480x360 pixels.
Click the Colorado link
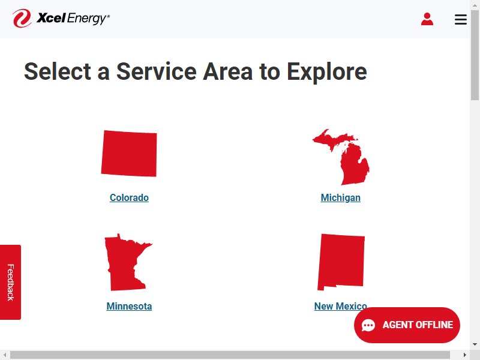coord(129,198)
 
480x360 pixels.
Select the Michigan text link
coord(340,198)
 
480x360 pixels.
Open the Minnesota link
coord(129,306)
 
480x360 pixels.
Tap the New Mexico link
coord(340,306)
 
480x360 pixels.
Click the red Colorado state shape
coord(129,154)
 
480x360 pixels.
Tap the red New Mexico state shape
coord(341,261)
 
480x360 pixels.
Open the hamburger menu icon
coord(461,19)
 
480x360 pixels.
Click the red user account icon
coord(427,19)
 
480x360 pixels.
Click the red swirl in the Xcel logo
coord(22,19)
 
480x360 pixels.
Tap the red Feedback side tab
coord(10,282)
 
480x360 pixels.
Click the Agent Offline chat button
coord(407,325)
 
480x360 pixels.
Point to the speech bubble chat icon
coord(368,325)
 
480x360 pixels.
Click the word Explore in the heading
coord(326,71)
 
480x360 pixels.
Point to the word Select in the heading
coord(58,71)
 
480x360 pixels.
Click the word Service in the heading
coord(157,71)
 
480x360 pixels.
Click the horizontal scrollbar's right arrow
coord(464,355)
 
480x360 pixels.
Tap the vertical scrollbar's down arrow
coord(475,344)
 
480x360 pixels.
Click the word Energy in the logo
coord(87,19)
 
